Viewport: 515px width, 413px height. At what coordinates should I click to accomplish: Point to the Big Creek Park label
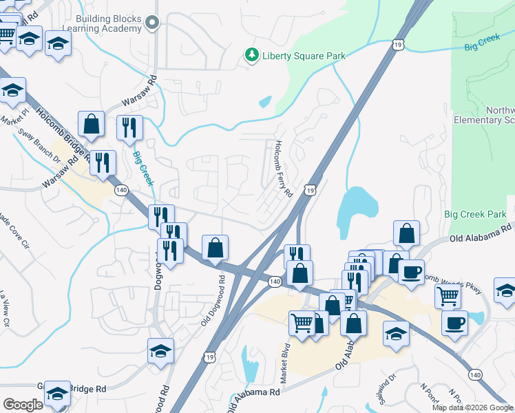point(475,215)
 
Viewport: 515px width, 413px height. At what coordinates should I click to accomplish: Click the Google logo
point(22,405)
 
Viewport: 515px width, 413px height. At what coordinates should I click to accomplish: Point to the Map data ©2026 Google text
point(472,407)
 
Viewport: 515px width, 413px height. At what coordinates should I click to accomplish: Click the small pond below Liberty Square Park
point(265,103)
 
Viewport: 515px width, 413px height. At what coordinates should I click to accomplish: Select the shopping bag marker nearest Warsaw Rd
point(91,125)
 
